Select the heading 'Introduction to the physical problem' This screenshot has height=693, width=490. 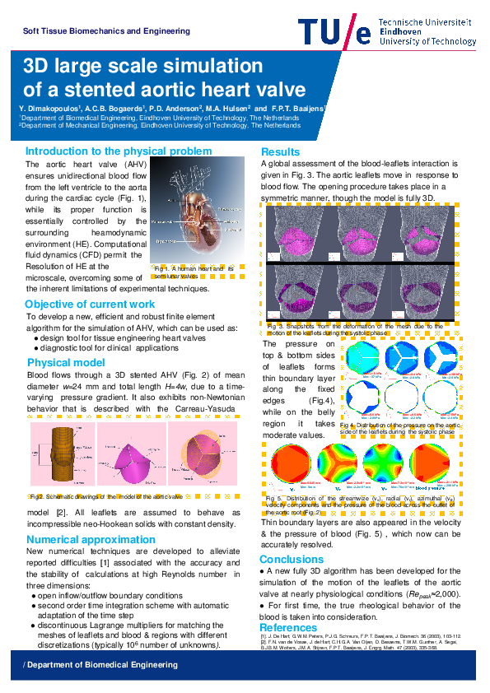119,151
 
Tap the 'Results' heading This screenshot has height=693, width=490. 280,152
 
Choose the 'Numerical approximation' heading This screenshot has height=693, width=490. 91,540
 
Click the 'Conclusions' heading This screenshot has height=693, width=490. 292,559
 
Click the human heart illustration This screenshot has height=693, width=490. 198,218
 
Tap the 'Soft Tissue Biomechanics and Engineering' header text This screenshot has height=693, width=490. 106,31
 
